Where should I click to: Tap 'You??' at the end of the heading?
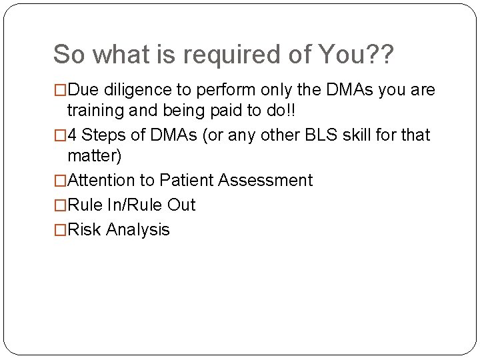coord(360,55)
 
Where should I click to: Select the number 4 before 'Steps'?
coord(72,135)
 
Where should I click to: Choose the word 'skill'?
coord(355,135)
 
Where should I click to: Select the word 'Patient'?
coord(187,180)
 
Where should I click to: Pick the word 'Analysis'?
coord(138,230)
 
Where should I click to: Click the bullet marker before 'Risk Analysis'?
coord(60,230)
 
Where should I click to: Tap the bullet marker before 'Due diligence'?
coord(60,89)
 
